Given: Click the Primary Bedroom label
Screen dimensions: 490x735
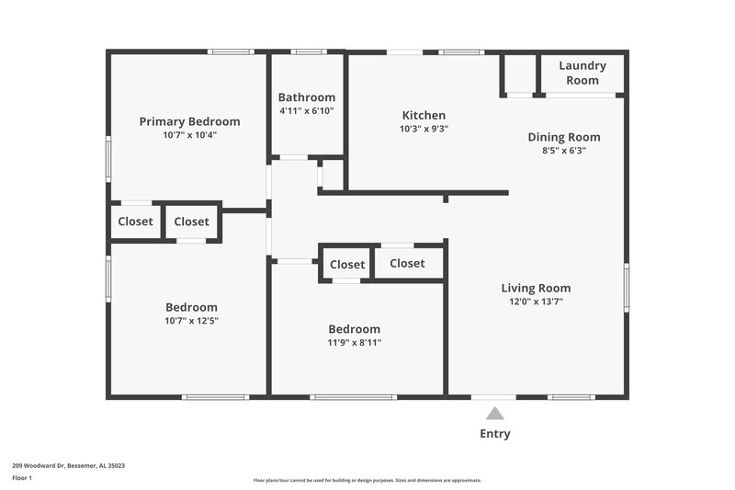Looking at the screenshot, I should (189, 121).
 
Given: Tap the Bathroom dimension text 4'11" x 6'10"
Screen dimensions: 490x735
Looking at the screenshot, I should (307, 110).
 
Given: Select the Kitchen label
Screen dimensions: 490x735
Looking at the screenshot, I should (424, 116).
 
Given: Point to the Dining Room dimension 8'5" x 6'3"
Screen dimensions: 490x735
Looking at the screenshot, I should (564, 150).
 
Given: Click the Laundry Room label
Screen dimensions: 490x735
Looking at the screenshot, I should (582, 73).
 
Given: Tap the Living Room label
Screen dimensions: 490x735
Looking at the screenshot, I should (536, 288).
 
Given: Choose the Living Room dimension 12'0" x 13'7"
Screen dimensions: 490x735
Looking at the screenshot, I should (536, 302).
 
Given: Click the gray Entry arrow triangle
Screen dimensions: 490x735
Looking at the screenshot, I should (494, 414).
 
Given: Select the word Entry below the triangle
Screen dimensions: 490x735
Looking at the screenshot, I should (494, 434).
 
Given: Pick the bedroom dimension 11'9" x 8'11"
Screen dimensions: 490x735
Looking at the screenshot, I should (355, 342).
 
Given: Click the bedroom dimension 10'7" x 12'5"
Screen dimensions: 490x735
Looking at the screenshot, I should (191, 321).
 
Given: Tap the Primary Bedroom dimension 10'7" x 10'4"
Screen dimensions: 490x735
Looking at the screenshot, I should (189, 134).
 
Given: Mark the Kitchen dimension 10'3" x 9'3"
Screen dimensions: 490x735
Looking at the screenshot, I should (424, 129).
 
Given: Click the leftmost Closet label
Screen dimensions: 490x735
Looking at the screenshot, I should (135, 222).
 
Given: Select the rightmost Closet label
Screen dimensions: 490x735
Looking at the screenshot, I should (407, 263).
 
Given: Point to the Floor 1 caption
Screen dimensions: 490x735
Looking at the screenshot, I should (22, 478).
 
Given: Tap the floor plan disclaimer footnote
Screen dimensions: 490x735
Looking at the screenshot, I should (367, 480).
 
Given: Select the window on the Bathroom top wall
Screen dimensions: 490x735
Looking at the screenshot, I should (308, 51).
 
